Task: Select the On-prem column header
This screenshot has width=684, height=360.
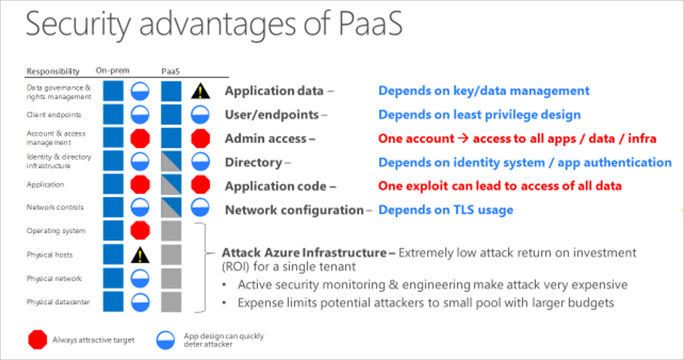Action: [113, 70]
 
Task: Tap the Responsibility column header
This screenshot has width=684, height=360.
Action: [53, 71]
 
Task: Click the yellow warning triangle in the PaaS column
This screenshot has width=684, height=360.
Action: [200, 92]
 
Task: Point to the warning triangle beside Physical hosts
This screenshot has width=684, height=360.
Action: [141, 255]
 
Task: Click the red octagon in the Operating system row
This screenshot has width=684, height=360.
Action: [141, 231]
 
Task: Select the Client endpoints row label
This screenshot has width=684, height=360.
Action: [53, 115]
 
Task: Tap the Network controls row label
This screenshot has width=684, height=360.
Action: [55, 207]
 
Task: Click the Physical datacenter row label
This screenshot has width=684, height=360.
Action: [58, 301]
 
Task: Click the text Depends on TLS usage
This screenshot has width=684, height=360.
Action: [445, 210]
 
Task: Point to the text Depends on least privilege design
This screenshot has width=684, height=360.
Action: [479, 115]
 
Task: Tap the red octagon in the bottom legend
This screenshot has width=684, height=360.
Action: [38, 339]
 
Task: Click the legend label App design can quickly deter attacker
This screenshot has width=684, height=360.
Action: [223, 340]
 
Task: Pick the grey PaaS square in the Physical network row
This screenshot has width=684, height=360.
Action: [171, 278]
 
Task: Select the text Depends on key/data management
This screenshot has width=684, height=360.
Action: [483, 91]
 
